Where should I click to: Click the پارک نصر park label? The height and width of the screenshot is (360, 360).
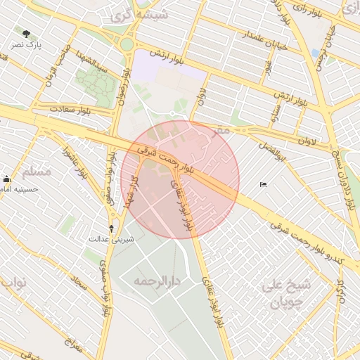27,45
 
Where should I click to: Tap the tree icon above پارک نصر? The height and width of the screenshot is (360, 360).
27,34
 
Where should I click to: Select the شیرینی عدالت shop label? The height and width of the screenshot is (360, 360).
110,239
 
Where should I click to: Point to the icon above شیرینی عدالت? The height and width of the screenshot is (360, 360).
110,228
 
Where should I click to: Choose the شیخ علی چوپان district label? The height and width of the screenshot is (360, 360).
285,294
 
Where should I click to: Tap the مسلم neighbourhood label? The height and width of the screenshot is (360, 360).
37,171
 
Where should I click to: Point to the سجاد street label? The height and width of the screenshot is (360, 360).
77,284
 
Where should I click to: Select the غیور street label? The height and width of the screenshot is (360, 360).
267,68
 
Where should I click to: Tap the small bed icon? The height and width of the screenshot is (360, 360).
263,185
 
